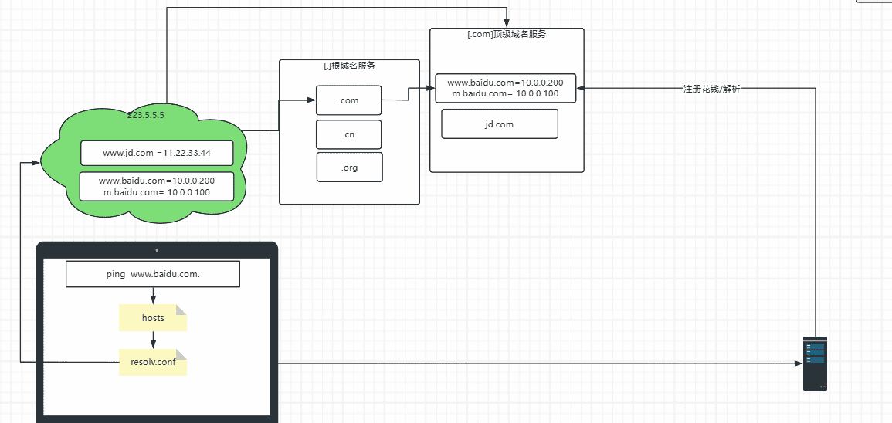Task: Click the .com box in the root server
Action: coord(349,100)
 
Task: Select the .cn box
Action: coord(349,134)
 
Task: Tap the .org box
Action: coord(349,167)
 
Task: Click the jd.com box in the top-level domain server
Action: coord(499,124)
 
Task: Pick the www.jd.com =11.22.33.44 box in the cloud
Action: coord(157,153)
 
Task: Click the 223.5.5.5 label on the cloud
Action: coord(146,115)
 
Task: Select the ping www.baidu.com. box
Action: coord(153,274)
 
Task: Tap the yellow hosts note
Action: coord(153,318)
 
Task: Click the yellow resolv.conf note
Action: coord(153,361)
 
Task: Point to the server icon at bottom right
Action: coord(815,363)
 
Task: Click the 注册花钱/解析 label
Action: coord(711,89)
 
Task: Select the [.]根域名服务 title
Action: coord(349,66)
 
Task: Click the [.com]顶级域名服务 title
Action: coord(507,35)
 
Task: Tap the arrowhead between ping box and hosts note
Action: coord(153,300)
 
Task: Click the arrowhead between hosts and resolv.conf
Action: coord(153,344)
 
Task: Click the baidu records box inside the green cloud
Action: coord(157,186)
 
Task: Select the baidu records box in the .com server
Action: coord(506,88)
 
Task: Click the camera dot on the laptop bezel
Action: coord(157,250)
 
